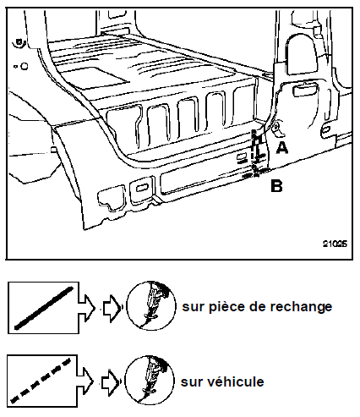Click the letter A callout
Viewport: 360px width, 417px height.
[282, 148]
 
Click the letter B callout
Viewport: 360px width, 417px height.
[276, 186]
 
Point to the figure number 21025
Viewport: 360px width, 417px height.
[335, 244]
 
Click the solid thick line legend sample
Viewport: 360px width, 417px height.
[44, 308]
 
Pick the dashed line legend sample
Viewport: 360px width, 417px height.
[41, 380]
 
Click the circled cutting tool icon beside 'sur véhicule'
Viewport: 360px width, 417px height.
[149, 381]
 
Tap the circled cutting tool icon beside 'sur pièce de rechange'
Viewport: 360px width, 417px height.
[151, 305]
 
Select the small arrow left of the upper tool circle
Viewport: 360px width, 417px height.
[111, 308]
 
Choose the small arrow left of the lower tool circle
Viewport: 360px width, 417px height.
[109, 381]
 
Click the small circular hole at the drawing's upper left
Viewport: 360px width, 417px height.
[25, 66]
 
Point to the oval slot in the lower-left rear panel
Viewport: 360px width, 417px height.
[142, 188]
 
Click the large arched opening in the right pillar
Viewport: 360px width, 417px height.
[302, 55]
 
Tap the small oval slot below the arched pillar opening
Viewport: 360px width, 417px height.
[305, 91]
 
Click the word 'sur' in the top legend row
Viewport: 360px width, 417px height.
[194, 307]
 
